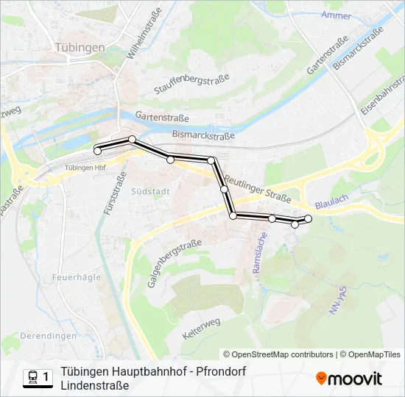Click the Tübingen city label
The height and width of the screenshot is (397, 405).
coord(80,47)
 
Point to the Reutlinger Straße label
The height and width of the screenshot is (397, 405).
coord(258,189)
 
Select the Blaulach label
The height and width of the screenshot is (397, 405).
coord(327,207)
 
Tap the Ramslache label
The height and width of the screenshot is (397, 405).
coord(260,254)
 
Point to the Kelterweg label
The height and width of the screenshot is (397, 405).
coord(200,328)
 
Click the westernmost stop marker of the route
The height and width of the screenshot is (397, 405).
coord(97,151)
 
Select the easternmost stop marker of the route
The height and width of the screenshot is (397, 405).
coord(309,218)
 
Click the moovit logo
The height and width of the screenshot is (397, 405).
coord(349,379)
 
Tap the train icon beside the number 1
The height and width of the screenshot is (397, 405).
coord(32,378)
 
